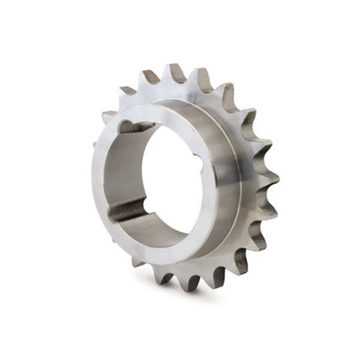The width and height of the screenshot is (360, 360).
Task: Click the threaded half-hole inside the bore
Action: pyautogui.click(x=127, y=210)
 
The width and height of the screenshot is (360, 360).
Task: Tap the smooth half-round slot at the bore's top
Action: pyautogui.click(x=136, y=127)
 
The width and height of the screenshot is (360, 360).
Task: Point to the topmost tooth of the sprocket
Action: pyautogui.click(x=176, y=72)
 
